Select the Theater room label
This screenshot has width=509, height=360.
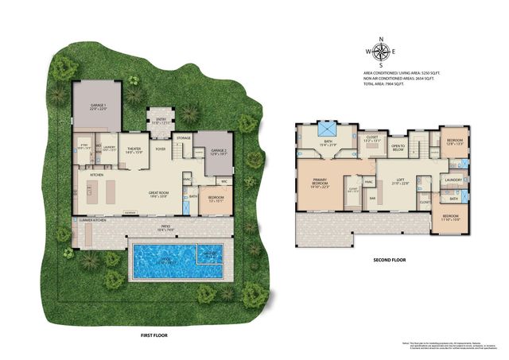click(x=134, y=149)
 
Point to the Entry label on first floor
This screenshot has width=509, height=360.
click(x=161, y=122)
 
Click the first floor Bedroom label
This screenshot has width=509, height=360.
click(x=216, y=198)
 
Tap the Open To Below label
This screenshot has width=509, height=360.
click(x=398, y=147)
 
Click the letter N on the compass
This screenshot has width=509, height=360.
click(x=381, y=39)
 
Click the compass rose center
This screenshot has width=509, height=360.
click(x=381, y=53)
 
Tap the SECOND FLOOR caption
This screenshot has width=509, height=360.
click(x=389, y=260)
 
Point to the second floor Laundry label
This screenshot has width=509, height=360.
click(x=453, y=180)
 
